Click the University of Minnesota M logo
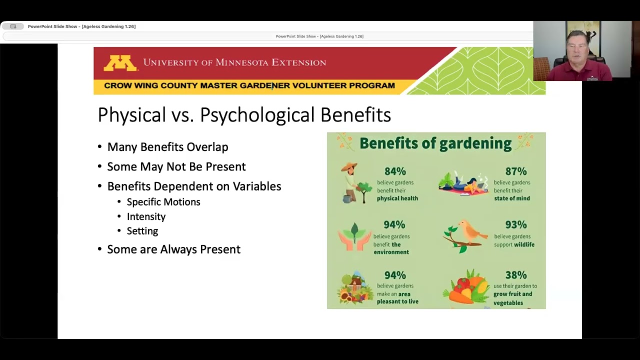(120, 63)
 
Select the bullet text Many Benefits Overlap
(167, 147)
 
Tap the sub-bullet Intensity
(146, 216)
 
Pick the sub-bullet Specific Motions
(163, 202)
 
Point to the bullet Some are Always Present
(173, 249)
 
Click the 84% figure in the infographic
(395, 171)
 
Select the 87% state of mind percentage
(515, 171)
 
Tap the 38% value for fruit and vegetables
(515, 275)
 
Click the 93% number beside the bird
(515, 225)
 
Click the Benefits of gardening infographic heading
(435, 143)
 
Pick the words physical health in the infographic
(397, 198)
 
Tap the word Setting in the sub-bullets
(142, 231)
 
